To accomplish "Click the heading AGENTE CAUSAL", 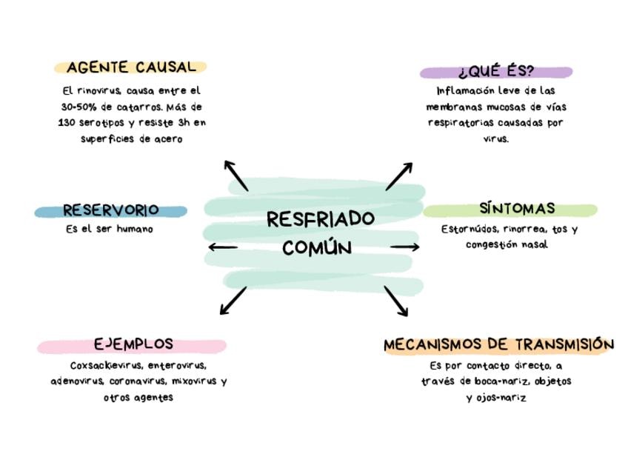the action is [x=131, y=67].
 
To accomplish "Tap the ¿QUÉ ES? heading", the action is [x=495, y=72].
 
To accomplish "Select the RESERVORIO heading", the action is [x=110, y=210].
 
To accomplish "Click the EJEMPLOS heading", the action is [x=133, y=344].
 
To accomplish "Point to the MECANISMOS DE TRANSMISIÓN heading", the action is [x=498, y=344].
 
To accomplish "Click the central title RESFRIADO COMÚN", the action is [x=320, y=233].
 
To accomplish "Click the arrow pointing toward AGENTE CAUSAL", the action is [x=237, y=176].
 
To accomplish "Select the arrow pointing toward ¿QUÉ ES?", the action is [x=398, y=176].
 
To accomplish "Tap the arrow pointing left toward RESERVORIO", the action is [x=223, y=247].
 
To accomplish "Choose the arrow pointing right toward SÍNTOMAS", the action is [x=404, y=247].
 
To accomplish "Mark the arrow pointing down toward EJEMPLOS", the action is [x=234, y=301].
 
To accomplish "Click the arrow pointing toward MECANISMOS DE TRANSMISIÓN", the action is [x=395, y=301].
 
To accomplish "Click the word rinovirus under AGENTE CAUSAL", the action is [x=98, y=91].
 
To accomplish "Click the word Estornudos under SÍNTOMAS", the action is [x=468, y=230].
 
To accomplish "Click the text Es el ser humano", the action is [x=110, y=230].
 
